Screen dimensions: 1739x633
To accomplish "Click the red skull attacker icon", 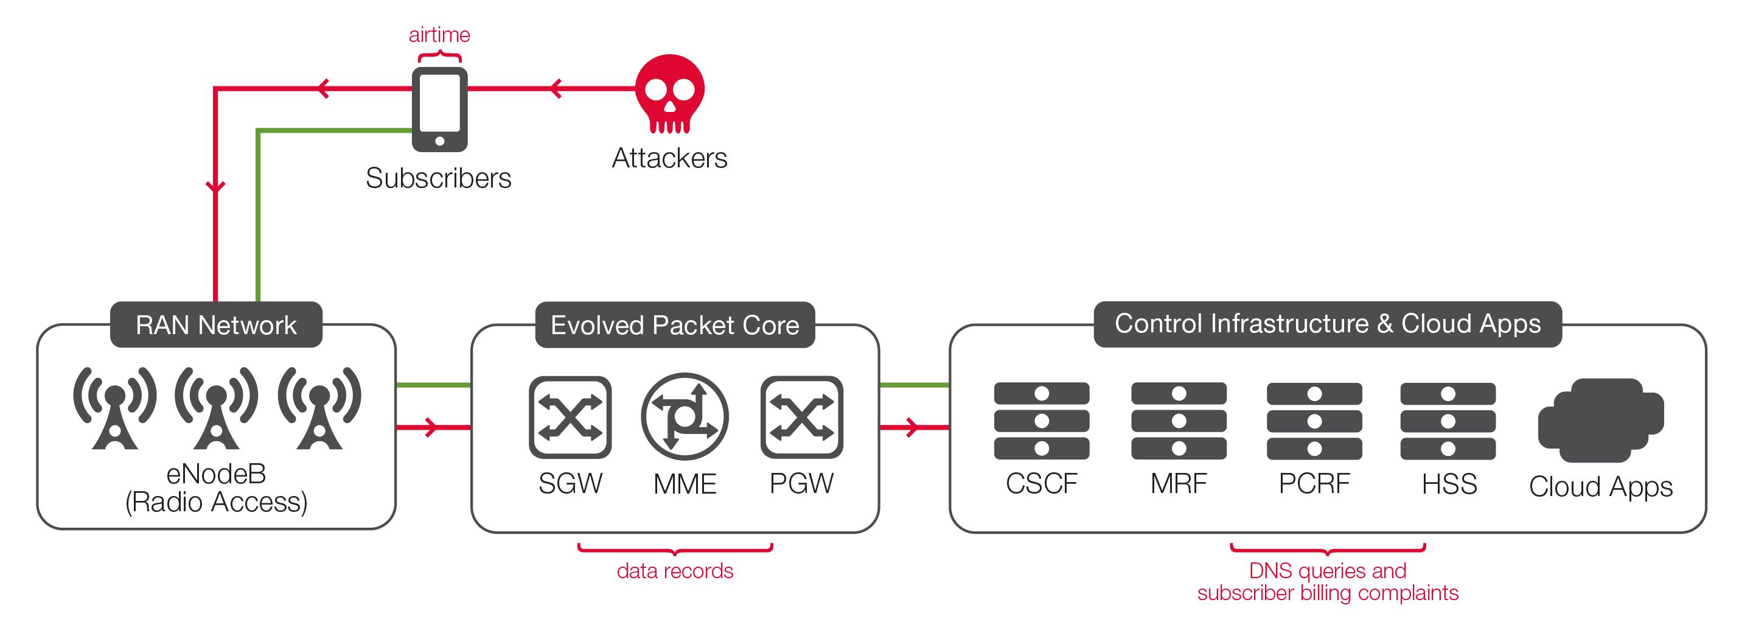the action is [x=670, y=94].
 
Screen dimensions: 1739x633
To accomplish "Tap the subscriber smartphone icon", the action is [x=439, y=110].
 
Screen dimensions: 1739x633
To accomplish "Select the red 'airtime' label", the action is [x=439, y=35].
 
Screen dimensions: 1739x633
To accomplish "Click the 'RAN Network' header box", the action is [x=216, y=325].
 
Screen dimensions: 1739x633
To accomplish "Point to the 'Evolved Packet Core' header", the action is [x=675, y=325].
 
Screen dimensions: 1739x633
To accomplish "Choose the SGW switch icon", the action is [x=571, y=417].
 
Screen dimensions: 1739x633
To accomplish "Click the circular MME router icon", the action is [x=685, y=417].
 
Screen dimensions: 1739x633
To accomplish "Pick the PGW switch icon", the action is [x=802, y=417].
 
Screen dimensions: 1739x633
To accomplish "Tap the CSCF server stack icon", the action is [x=1042, y=421].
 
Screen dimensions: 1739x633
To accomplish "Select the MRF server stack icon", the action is [x=1179, y=421].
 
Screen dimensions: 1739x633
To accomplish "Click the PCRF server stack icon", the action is [x=1314, y=421].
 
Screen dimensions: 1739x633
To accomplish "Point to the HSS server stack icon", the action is [x=1448, y=421].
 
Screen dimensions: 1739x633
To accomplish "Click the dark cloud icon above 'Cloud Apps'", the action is [x=1601, y=420].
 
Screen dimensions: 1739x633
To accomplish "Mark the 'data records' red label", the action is [x=675, y=571].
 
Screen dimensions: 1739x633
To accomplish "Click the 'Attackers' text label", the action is [x=670, y=158].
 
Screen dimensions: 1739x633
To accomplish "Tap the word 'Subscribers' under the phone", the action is [x=439, y=178].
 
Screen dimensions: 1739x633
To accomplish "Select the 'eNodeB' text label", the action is [x=216, y=474].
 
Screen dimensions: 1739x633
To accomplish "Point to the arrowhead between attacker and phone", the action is [x=556, y=88].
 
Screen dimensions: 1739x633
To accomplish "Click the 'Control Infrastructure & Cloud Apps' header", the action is [x=1328, y=324].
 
